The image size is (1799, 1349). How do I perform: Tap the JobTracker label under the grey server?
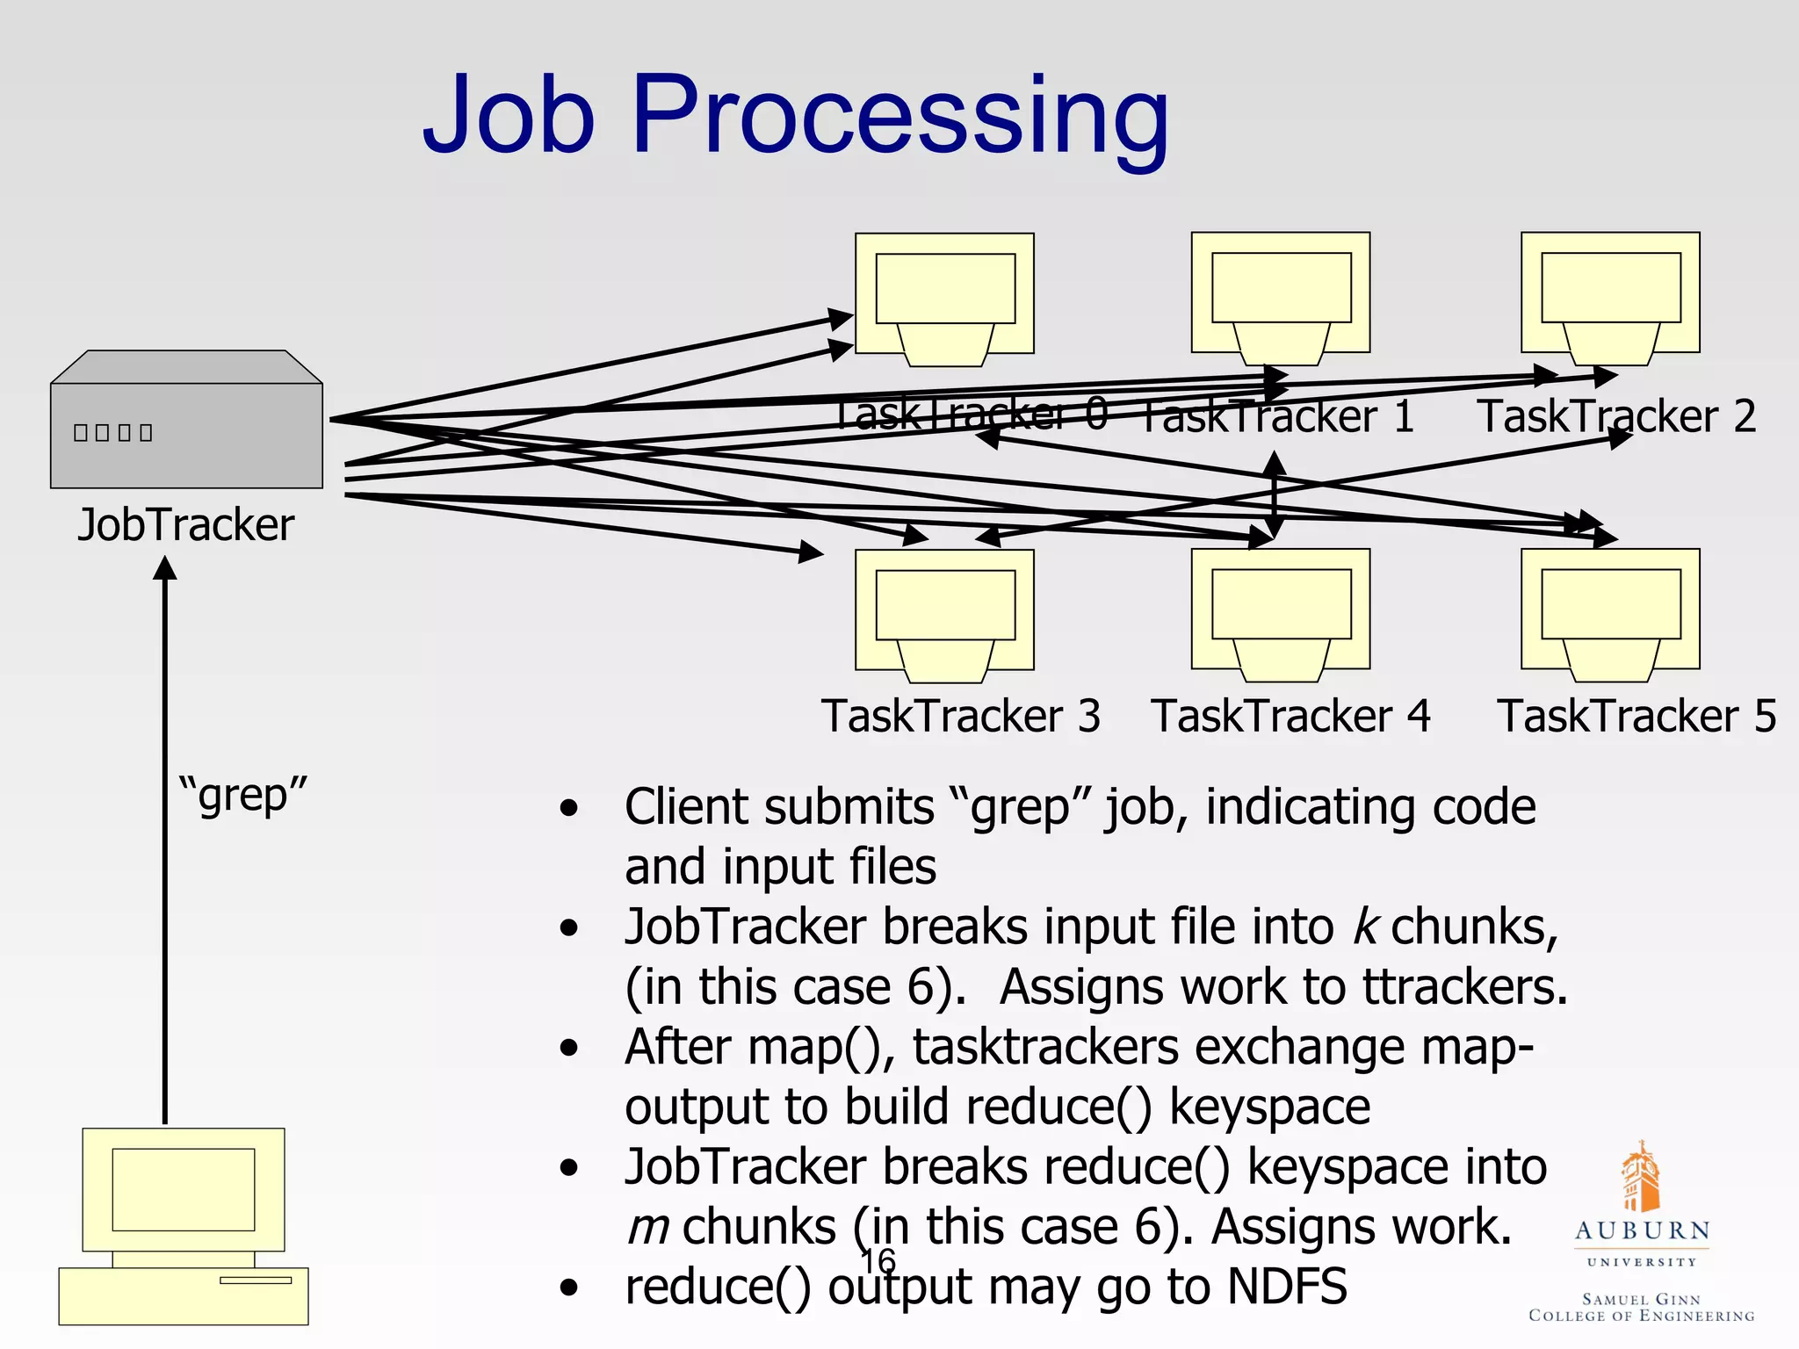click(185, 524)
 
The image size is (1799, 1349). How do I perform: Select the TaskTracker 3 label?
click(960, 715)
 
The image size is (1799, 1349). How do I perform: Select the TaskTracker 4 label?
click(1290, 715)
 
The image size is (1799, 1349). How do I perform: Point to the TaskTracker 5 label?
click(1636, 715)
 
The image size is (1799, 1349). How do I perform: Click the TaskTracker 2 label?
click(1616, 415)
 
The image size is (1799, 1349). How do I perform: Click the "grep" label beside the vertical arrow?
click(243, 795)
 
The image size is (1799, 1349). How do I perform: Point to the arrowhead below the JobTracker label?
click(165, 568)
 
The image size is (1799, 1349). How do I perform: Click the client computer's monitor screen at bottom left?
click(184, 1189)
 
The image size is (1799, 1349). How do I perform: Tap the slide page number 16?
click(878, 1261)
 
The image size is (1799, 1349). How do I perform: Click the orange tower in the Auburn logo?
click(1640, 1177)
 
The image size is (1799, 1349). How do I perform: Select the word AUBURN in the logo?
click(1642, 1230)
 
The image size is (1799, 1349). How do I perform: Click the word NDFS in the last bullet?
click(1287, 1286)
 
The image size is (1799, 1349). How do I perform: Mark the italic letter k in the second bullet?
click(1364, 926)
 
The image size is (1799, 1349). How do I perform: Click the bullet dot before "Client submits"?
click(569, 807)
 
